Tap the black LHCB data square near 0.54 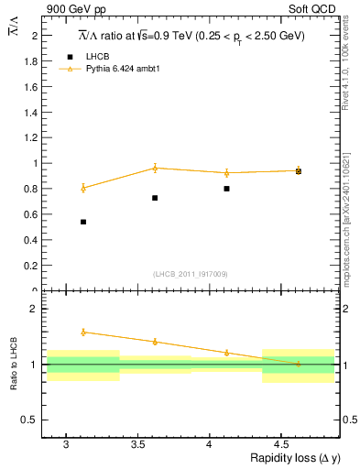83,222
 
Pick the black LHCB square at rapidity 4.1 226,189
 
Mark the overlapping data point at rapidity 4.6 299,171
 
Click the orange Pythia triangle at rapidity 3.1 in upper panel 83,188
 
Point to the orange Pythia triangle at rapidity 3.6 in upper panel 155,168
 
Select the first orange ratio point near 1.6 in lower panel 83,332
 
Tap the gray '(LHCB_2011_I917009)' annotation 190,273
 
